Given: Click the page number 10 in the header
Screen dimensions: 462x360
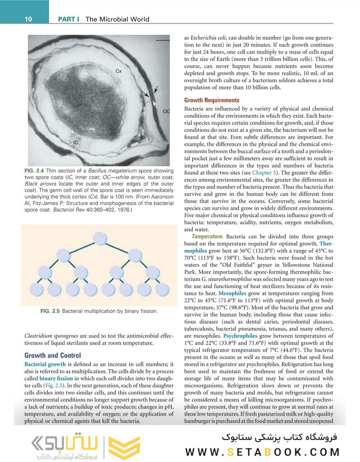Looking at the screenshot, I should pyautogui.click(x=28, y=19).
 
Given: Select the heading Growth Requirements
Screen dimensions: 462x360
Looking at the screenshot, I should pyautogui.click(x=212, y=100).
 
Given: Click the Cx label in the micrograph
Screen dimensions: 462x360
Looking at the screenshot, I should pyautogui.click(x=118, y=71).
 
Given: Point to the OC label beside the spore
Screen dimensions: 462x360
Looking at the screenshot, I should pyautogui.click(x=166, y=111).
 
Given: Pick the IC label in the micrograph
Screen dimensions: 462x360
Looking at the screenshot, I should pyautogui.click(x=76, y=142).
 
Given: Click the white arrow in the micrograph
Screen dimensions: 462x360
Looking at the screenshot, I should pyautogui.click(x=155, y=103).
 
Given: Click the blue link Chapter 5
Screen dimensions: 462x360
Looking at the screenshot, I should pyautogui.click(x=265, y=173).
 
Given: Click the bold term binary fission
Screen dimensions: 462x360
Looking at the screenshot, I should pyautogui.click(x=55, y=378).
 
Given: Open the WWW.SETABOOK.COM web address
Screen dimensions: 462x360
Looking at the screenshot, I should pyautogui.click(x=262, y=452).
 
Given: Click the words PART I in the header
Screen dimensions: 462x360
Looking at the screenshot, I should pyautogui.click(x=69, y=19).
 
